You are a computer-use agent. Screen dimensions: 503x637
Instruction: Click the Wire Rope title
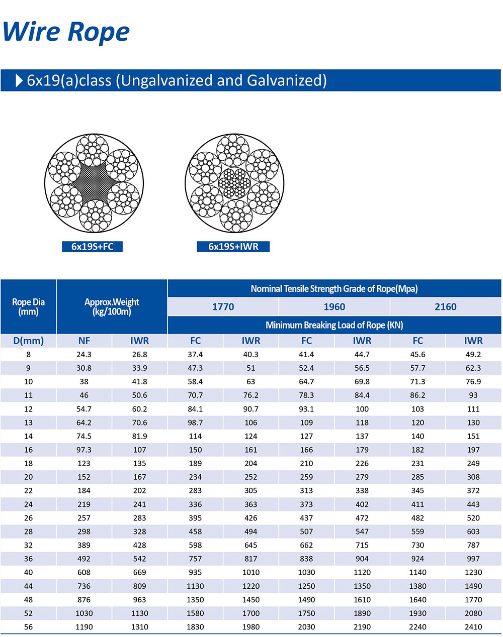coord(66,32)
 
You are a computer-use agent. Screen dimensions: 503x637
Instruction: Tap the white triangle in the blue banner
coord(19,80)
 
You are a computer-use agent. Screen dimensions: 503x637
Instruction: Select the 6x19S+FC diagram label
coord(92,246)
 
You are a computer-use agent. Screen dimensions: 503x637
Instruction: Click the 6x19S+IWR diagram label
coord(233,246)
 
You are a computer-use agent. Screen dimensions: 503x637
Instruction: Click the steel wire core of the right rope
coord(234,183)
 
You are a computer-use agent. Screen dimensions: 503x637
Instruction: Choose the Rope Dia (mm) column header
coord(28,306)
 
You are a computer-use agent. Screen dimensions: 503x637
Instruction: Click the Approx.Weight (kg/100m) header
coord(112,306)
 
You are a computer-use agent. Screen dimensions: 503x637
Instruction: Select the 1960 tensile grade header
coord(334,306)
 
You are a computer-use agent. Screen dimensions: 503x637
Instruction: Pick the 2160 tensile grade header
coord(446,306)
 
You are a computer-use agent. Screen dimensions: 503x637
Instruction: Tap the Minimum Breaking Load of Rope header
coord(334,325)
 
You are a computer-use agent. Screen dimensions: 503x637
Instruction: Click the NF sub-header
coord(84,341)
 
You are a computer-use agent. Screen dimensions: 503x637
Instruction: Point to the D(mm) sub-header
coord(28,341)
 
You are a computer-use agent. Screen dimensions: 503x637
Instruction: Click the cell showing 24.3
coord(84,354)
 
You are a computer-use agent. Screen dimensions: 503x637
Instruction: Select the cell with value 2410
coord(473,626)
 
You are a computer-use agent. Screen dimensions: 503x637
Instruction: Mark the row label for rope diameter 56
coord(28,626)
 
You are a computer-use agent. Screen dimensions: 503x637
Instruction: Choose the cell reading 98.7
coord(195,422)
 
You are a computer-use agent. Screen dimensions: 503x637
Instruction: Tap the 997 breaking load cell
coord(473,559)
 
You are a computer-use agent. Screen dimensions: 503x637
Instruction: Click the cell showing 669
coord(139,572)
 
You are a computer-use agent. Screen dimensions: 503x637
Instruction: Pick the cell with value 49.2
coord(473,354)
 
